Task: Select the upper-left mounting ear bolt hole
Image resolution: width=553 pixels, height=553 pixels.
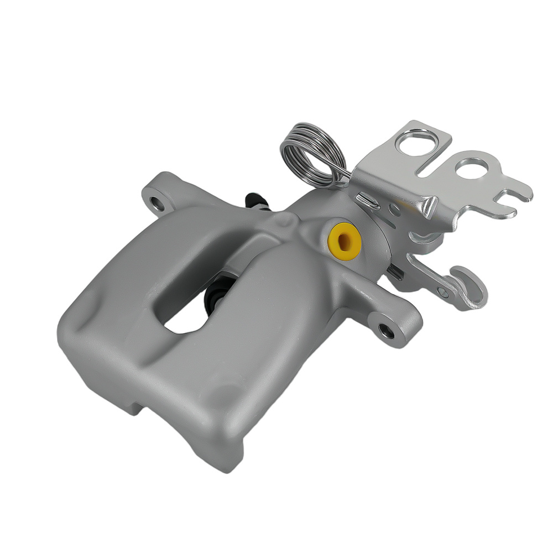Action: pyautogui.click(x=158, y=203)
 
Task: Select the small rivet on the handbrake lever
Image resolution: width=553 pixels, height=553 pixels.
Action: pyautogui.click(x=442, y=291)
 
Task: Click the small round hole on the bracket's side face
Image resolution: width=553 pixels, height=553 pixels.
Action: pyautogui.click(x=394, y=211)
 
